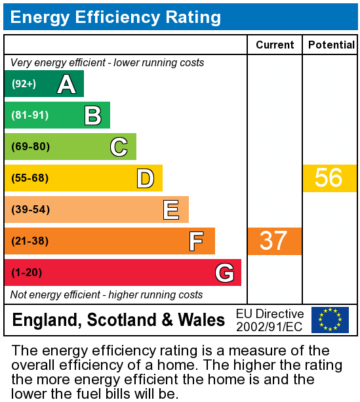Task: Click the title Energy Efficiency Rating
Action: pyautogui.click(x=115, y=17)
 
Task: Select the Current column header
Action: pyautogui.click(x=275, y=45)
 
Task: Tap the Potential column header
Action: pyautogui.click(x=331, y=45)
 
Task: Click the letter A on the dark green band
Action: pyautogui.click(x=66, y=84)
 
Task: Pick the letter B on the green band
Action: pyautogui.click(x=92, y=115)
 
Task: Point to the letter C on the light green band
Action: pyautogui.click(x=119, y=147)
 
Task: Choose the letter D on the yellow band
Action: pyautogui.click(x=145, y=178)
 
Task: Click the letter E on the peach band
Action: pyautogui.click(x=171, y=210)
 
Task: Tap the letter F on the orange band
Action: pyautogui.click(x=196, y=241)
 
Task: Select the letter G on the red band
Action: pyautogui.click(x=224, y=273)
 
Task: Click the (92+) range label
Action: pyautogui.click(x=24, y=84)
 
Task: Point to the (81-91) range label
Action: pyautogui.click(x=30, y=115)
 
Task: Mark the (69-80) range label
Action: pyautogui.click(x=30, y=147)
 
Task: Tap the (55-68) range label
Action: pyautogui.click(x=30, y=178)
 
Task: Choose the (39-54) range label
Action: pyautogui.click(x=30, y=210)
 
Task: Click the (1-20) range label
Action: pyautogui.click(x=27, y=273)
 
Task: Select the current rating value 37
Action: pyautogui.click(x=273, y=241)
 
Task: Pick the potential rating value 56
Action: pyautogui.click(x=329, y=178)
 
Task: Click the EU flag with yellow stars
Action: pyautogui.click(x=330, y=320)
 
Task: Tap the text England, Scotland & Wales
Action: pyautogui.click(x=119, y=320)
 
